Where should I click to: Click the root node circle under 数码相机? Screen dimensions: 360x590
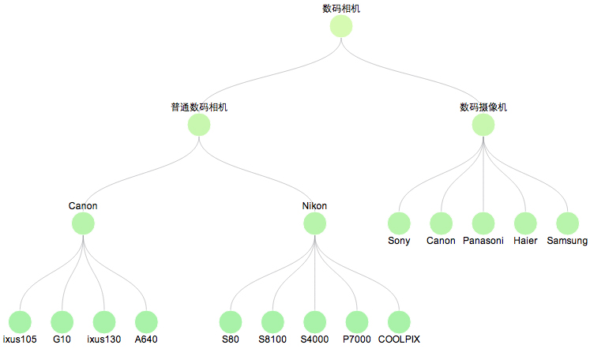pos(340,26)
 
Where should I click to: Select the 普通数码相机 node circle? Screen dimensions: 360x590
pos(199,125)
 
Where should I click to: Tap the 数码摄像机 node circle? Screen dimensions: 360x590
pos(483,125)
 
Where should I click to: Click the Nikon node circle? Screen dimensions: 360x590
pos(314,223)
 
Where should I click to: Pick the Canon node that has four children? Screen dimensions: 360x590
pos(83,223)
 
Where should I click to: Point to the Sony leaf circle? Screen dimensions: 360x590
pos(399,223)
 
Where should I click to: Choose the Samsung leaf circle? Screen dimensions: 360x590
pos(567,223)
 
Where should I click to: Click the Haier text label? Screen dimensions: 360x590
pos(525,241)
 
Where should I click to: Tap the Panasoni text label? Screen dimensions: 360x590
pos(483,241)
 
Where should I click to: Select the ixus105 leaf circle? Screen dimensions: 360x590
pos(20,321)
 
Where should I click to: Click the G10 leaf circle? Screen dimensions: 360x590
pos(62,321)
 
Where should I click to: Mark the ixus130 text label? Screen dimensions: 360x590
pos(103,339)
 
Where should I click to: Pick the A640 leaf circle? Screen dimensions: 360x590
pos(146,321)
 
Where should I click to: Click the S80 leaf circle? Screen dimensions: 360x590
pos(230,321)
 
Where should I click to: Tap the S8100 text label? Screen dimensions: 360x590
pos(272,339)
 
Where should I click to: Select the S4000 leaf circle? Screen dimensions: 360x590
pos(314,321)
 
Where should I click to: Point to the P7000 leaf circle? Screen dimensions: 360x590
pos(356,321)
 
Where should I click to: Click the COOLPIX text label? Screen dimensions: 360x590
pos(399,339)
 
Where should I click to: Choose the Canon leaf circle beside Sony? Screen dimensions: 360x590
pos(441,223)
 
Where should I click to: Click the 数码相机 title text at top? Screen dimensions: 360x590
pos(341,9)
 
